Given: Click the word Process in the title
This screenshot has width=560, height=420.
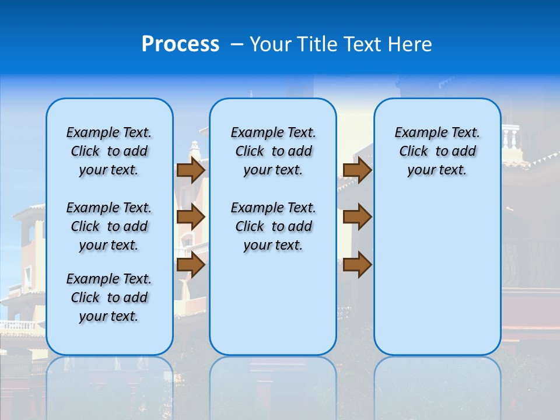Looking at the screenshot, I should pyautogui.click(x=180, y=44).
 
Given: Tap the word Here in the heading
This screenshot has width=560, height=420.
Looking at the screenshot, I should pyautogui.click(x=411, y=44).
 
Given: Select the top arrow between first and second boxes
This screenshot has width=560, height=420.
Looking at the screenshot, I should pyautogui.click(x=191, y=170).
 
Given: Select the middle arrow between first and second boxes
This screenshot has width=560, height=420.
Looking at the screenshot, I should pyautogui.click(x=191, y=217).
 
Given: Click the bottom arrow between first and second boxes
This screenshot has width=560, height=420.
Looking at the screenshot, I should pyautogui.click(x=191, y=265).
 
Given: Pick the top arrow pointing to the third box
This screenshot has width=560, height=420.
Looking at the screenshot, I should pyautogui.click(x=357, y=170).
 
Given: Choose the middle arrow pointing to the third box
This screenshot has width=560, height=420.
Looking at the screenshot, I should pyautogui.click(x=357, y=217).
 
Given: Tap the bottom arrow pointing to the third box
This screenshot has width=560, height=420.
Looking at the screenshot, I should pyautogui.click(x=357, y=265).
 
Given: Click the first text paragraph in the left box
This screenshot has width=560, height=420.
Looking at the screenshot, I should pyautogui.click(x=109, y=151).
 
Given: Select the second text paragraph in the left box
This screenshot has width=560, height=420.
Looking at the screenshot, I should pyautogui.click(x=109, y=226).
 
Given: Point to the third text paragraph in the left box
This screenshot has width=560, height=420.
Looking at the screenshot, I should pyautogui.click(x=109, y=297).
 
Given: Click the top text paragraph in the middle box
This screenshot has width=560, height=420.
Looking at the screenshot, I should pyautogui.click(x=273, y=151).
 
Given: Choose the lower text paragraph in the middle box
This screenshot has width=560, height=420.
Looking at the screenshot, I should pyautogui.click(x=273, y=226).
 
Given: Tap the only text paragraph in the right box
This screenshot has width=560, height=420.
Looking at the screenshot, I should pyautogui.click(x=437, y=151).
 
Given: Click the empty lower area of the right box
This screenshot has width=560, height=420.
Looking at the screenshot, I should pyautogui.click(x=437, y=274).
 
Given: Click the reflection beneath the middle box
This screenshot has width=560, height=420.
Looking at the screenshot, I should pyautogui.click(x=273, y=385).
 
